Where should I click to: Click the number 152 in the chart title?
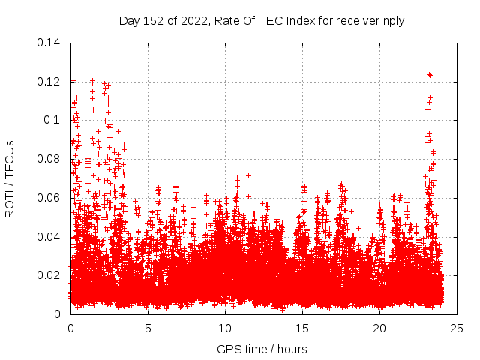[x=151, y=21]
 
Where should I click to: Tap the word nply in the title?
[x=392, y=21]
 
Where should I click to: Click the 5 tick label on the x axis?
[x=148, y=328]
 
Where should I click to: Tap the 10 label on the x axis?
[x=225, y=328]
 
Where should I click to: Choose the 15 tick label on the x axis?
[x=302, y=328]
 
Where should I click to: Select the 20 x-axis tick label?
[x=379, y=328]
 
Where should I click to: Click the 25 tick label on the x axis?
[x=457, y=328]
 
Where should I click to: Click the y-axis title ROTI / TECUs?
[x=10, y=178]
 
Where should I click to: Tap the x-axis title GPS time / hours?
[x=262, y=349]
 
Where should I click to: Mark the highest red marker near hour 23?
[x=430, y=75]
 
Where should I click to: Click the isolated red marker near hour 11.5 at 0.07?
[x=248, y=175]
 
